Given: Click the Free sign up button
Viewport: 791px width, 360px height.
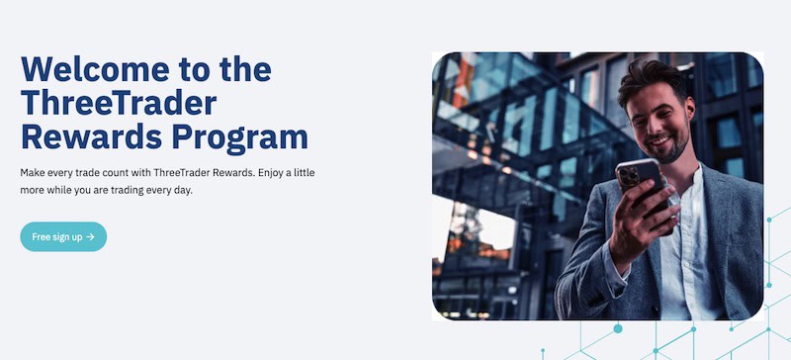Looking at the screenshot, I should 63,237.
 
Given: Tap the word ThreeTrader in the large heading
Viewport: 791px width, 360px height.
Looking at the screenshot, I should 119,103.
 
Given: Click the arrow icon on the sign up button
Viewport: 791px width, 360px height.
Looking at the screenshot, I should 91,237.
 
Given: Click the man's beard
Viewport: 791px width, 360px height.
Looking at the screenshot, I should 672,150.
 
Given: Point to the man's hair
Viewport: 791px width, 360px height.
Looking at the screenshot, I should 653,77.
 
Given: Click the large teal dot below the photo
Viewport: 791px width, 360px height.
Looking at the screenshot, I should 618,328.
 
